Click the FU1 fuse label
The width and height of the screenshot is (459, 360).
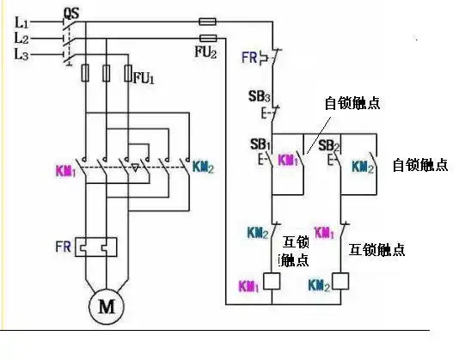[144, 78]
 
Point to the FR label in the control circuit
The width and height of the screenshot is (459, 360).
[250, 58]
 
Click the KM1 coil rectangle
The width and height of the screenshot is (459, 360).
[272, 280]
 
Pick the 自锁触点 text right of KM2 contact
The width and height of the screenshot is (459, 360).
[419, 165]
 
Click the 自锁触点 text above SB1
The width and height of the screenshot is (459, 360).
[352, 103]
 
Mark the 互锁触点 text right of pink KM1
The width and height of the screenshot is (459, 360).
[376, 249]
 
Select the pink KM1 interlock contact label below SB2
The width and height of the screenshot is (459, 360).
[323, 233]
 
